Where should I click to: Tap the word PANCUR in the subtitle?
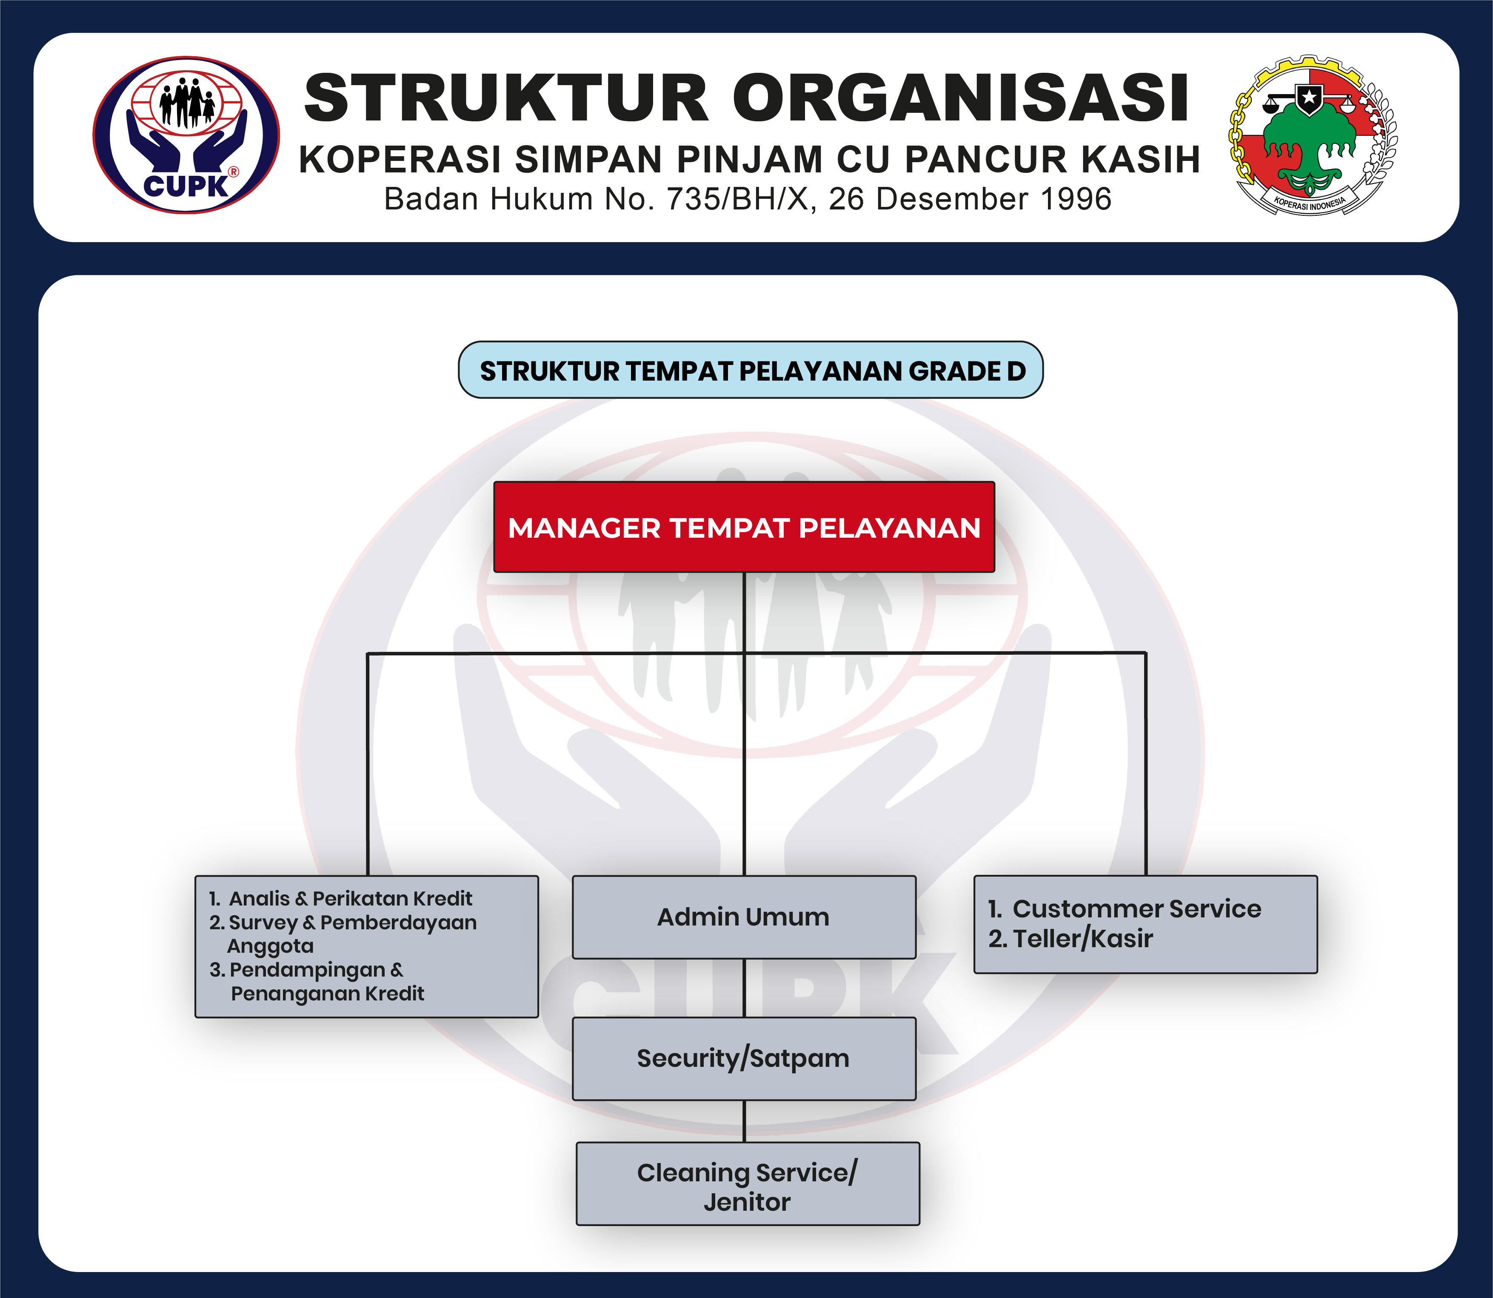tap(985, 160)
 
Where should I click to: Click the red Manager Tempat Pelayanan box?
tap(744, 527)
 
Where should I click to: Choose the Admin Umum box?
tap(744, 917)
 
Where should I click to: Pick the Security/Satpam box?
tap(744, 1058)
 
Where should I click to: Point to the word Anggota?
tap(270, 946)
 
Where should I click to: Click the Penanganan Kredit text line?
tap(327, 994)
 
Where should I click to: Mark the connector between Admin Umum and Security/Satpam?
tap(744, 988)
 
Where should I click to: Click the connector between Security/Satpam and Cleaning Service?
tap(744, 1121)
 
